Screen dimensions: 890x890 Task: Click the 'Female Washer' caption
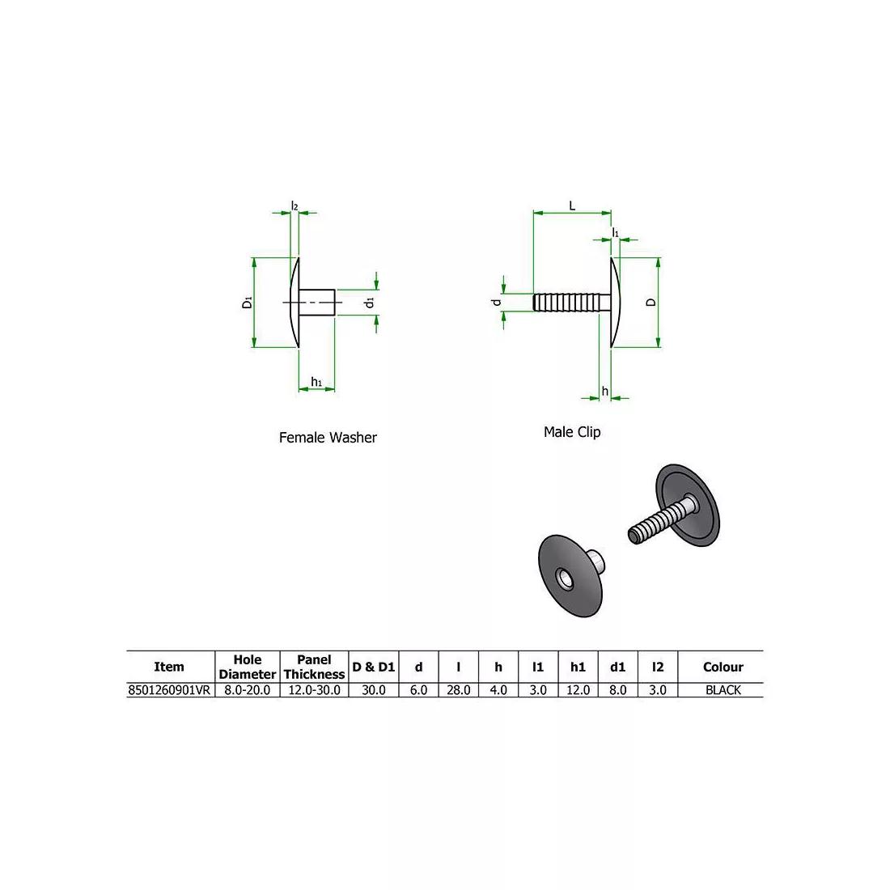coord(328,438)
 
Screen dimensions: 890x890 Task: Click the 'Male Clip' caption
coord(571,432)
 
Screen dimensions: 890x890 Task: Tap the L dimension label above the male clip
coord(572,206)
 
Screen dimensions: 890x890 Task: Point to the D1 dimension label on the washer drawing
coord(247,303)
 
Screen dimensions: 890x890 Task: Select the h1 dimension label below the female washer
coord(316,382)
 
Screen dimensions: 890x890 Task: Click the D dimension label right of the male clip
coord(651,303)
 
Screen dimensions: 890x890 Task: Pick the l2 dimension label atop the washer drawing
coord(295,207)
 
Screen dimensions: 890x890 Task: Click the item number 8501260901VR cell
coord(170,690)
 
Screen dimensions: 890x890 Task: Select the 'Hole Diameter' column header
coord(248,667)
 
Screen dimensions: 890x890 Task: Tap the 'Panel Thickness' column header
coord(314,667)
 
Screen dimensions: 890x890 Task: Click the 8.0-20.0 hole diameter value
coord(248,690)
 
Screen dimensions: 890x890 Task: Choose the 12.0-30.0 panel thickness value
coord(314,690)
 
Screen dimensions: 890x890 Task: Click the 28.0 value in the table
coord(458,690)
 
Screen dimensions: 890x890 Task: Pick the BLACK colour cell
coord(723,690)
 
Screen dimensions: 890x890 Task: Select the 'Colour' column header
coord(723,667)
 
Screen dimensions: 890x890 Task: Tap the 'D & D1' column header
coord(373,667)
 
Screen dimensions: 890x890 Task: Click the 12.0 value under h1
coord(578,690)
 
